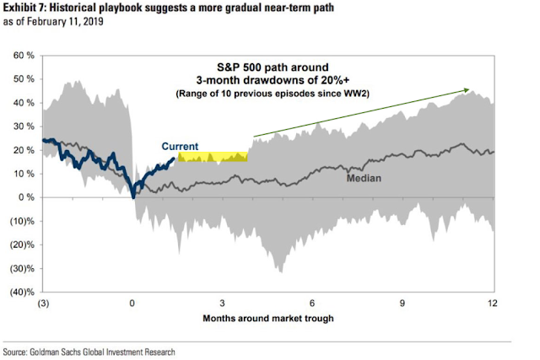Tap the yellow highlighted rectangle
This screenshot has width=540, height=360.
click(x=213, y=157)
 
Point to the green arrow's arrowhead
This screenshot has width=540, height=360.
click(x=467, y=89)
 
